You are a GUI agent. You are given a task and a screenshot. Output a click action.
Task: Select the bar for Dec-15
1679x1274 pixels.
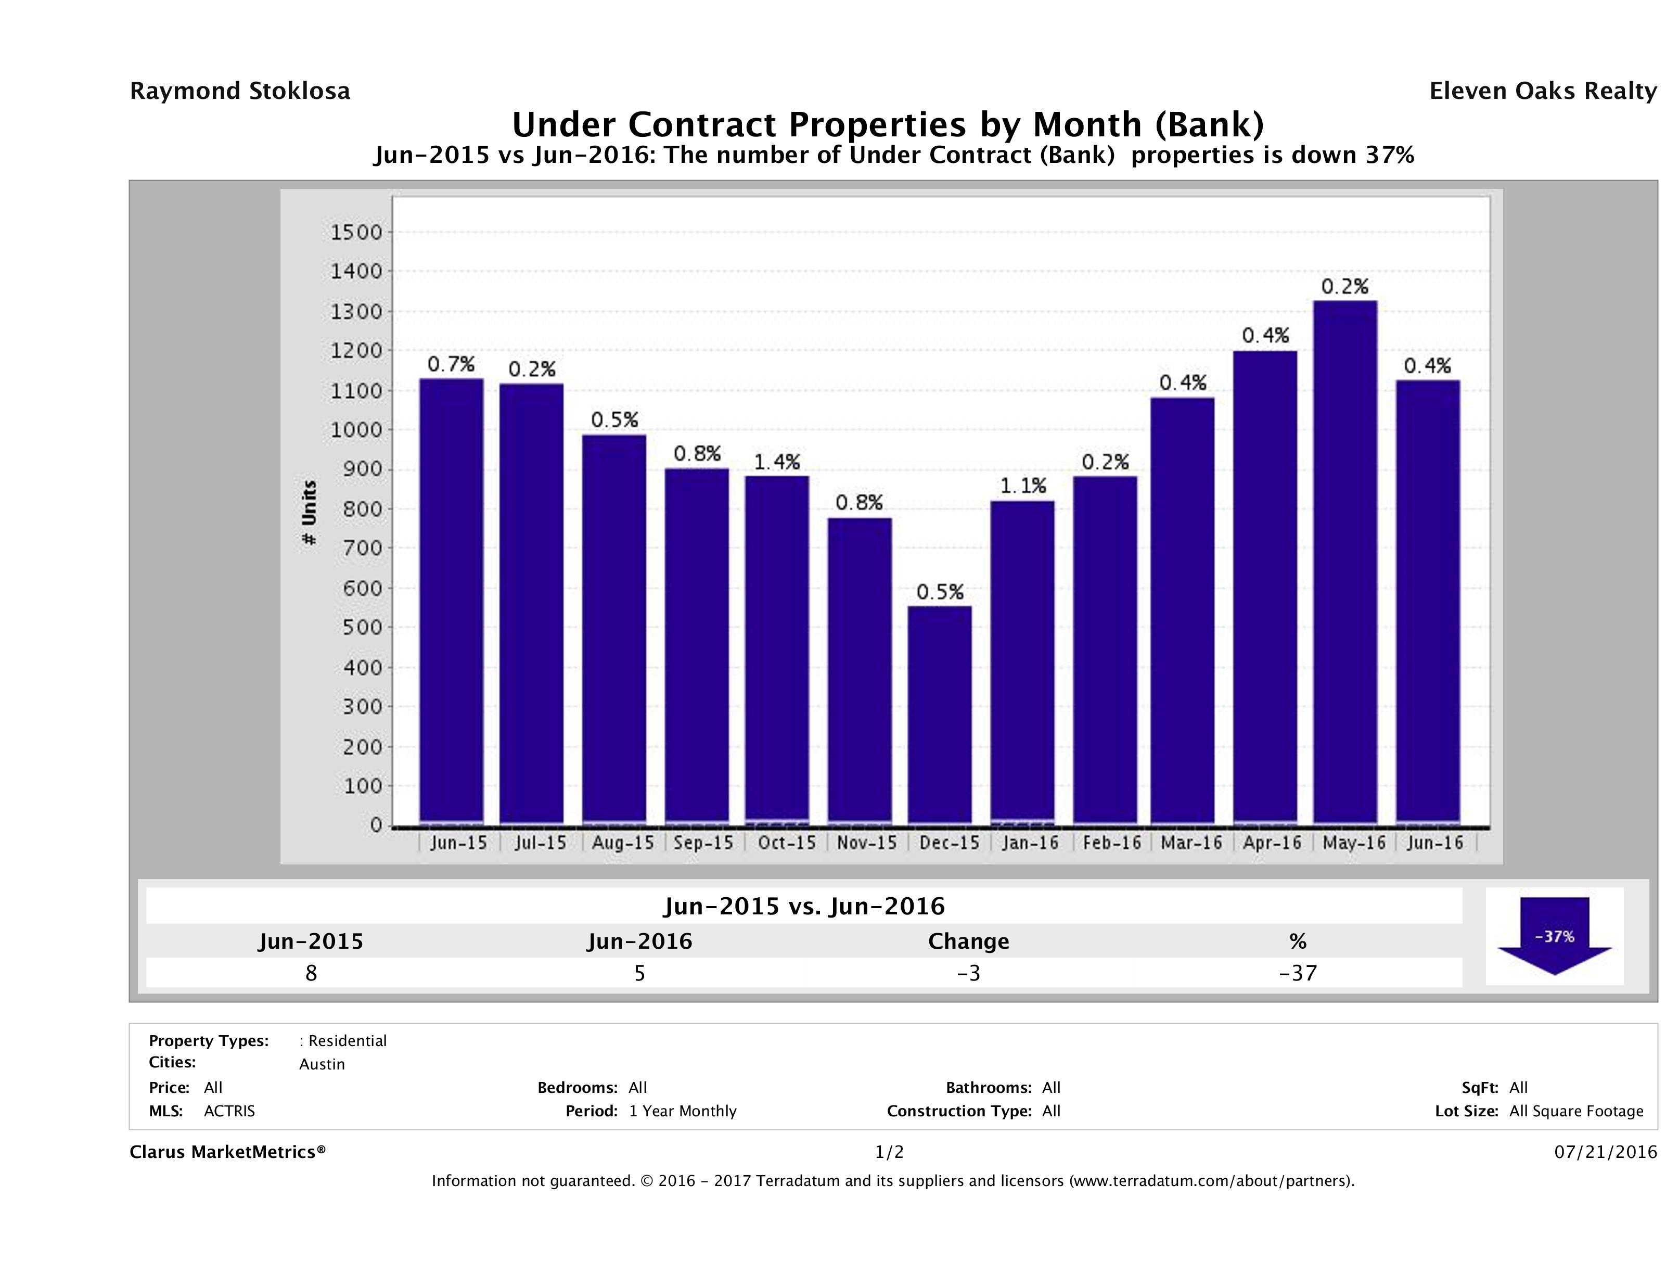[940, 714]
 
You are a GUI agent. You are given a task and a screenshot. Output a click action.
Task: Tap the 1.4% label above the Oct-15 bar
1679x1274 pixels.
[777, 462]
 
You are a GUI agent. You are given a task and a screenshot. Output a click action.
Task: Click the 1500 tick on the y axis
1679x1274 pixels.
[356, 232]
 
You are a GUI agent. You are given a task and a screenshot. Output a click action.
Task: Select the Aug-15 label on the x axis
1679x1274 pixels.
[622, 843]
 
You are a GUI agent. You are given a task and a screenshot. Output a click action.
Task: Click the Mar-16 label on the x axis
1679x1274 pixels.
[1191, 843]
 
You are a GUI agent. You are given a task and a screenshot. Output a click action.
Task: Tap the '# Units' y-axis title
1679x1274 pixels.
[309, 513]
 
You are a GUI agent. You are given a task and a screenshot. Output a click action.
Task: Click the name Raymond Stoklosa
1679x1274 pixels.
[240, 91]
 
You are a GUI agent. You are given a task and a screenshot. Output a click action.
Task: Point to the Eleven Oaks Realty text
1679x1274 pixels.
[1542, 91]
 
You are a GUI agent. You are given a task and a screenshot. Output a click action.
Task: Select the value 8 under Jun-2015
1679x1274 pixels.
[311, 973]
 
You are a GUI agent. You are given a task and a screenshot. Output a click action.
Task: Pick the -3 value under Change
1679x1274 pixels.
[969, 973]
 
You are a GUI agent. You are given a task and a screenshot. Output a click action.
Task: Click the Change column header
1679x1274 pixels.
[969, 941]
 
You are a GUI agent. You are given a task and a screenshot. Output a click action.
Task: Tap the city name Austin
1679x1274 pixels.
[322, 1064]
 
